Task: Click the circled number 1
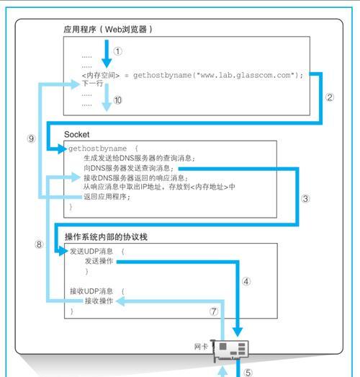[x=117, y=51]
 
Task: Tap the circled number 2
[x=330, y=97]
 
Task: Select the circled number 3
[x=305, y=199]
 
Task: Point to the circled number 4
[x=246, y=281]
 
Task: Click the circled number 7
[x=214, y=311]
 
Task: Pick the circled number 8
[x=39, y=244]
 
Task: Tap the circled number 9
[x=31, y=138]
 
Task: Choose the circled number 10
[x=117, y=100]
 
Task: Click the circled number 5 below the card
[x=248, y=373]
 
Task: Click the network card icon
[x=230, y=350]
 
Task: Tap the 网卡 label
[x=201, y=347]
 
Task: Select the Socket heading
[x=76, y=134]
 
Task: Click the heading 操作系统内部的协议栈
[x=106, y=237]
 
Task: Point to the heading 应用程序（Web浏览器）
[x=108, y=30]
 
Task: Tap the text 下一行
[x=92, y=84]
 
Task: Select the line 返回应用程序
[x=107, y=197]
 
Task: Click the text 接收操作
[x=99, y=301]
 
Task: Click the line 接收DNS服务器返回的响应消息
[x=135, y=178]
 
